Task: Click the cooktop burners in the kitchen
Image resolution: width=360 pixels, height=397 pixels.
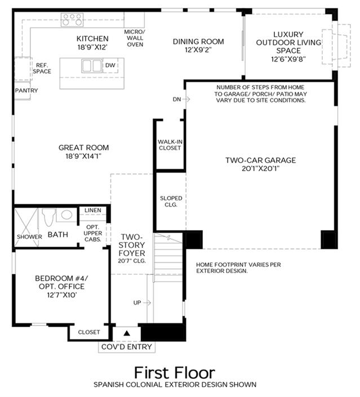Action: point(72,20)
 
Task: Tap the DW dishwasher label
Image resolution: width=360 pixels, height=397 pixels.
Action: point(110,65)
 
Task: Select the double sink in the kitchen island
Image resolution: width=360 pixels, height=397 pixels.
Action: point(92,65)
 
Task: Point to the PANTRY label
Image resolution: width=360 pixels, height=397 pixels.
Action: point(26,91)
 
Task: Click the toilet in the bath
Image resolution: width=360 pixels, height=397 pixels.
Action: point(48,217)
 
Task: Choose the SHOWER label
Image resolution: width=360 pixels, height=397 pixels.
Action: point(29,237)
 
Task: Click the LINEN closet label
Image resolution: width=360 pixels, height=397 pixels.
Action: point(93,210)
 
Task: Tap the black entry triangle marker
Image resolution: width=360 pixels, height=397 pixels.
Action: point(127,333)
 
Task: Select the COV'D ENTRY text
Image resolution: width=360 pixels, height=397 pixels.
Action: point(127,347)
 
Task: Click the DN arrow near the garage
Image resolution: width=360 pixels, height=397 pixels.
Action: point(186,99)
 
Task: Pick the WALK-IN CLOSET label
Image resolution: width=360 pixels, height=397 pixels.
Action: point(170,145)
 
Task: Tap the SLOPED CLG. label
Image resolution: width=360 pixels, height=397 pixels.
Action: point(171,201)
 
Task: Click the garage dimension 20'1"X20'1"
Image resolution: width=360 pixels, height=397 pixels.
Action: point(260,168)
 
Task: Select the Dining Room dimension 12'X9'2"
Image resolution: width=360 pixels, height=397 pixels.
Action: point(198,50)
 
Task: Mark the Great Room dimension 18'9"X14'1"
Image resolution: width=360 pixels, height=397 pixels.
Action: point(83,156)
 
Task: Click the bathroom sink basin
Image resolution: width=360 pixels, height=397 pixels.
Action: point(66,215)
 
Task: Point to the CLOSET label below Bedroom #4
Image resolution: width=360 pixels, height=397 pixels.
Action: point(89,332)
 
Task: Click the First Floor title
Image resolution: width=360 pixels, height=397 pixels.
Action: point(175,373)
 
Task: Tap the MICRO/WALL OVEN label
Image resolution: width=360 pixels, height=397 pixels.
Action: point(135,38)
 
